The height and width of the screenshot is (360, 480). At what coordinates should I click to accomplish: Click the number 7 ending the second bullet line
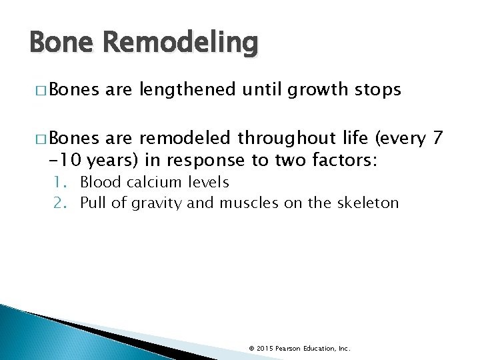pos(437,139)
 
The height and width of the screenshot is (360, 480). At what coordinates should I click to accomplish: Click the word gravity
pos(154,203)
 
